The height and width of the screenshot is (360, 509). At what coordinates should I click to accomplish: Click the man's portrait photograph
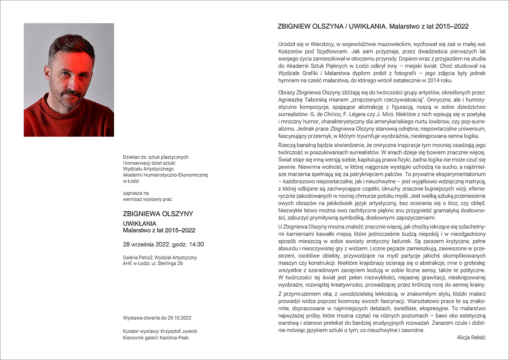pyautogui.click(x=69, y=80)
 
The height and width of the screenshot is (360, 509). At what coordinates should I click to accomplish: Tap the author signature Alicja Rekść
pyautogui.click(x=471, y=337)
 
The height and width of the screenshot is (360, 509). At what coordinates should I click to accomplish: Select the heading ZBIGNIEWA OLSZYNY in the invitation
pyautogui.click(x=158, y=214)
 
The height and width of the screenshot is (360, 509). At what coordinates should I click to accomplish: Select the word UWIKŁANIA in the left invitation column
pyautogui.click(x=140, y=224)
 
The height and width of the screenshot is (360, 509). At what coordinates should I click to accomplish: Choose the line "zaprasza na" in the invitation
pyautogui.click(x=136, y=192)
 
